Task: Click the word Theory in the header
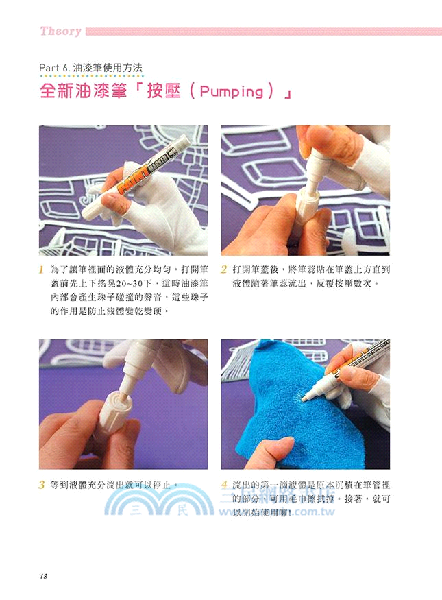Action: click(61, 31)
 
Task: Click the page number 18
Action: click(44, 576)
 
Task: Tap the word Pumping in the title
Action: click(233, 92)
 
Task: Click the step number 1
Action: click(42, 270)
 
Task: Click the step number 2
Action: click(225, 270)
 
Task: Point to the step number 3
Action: click(42, 485)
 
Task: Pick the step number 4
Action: click(225, 485)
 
